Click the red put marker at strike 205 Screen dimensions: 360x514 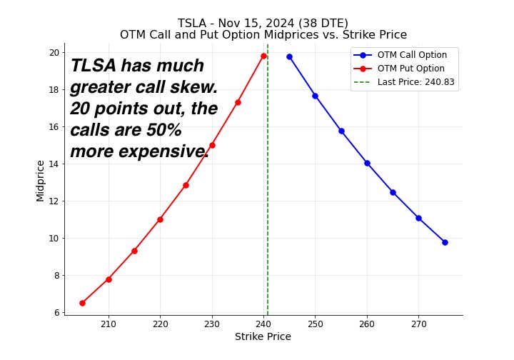82,303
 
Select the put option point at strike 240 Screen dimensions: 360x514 263,56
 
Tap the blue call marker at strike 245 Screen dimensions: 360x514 289,56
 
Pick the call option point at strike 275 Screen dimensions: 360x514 445,242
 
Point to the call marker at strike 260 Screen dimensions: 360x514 367,163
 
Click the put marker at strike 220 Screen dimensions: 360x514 160,219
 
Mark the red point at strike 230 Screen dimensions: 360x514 212,145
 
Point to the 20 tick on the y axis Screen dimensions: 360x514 54,52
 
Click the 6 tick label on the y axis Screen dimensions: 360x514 56,312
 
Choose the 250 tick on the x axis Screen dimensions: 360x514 315,324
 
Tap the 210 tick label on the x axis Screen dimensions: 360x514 109,324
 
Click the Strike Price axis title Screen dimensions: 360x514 263,337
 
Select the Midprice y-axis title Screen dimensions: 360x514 41,180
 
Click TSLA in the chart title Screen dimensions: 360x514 192,24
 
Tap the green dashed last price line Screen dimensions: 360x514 268,214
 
